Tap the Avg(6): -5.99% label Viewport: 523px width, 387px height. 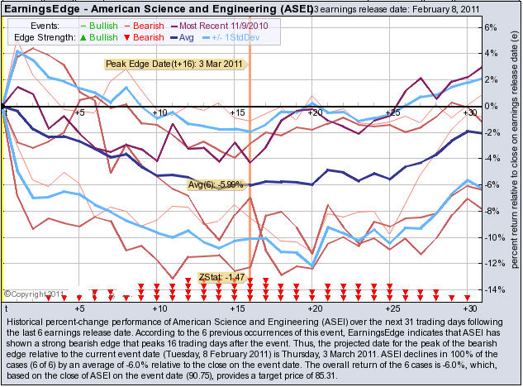click(x=216, y=184)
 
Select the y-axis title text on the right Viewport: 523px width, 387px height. click(x=512, y=157)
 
